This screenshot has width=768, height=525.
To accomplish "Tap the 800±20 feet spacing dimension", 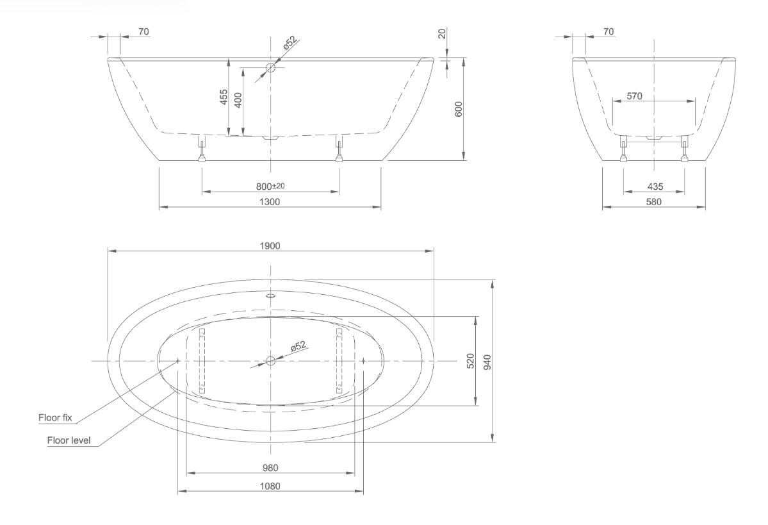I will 270,186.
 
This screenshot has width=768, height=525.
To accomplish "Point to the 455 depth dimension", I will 224,97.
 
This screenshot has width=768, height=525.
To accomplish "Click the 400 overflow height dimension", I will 238,100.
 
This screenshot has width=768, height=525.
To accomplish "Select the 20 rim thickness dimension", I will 443,35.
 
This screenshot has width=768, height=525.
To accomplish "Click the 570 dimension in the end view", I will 634,96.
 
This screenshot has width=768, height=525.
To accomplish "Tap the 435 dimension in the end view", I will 655,186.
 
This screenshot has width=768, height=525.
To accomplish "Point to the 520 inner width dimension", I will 471,361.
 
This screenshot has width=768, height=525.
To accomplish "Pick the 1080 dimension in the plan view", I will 270,486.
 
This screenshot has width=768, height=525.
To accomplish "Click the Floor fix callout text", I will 55,418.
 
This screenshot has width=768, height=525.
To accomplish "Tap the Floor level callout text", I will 69,440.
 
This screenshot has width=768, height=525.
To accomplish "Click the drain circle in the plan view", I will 270,361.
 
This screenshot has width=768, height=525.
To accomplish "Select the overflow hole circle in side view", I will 270,67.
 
